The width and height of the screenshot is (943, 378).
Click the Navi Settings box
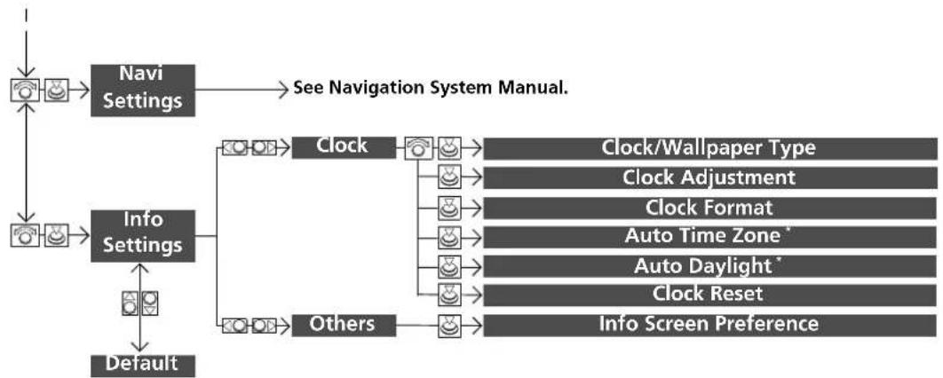143,91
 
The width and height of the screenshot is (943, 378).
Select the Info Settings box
143,235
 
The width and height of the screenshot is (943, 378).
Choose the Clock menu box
344,147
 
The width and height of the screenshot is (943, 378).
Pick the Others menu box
344,326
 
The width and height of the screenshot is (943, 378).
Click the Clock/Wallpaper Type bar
709,148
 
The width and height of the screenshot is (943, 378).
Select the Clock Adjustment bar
709,177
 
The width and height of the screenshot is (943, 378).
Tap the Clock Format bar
709,208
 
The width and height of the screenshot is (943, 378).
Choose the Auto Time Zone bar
709,237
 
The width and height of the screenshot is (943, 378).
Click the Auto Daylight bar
709,266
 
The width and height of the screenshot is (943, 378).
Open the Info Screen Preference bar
709,325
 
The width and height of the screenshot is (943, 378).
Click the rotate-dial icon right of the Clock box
419,148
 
